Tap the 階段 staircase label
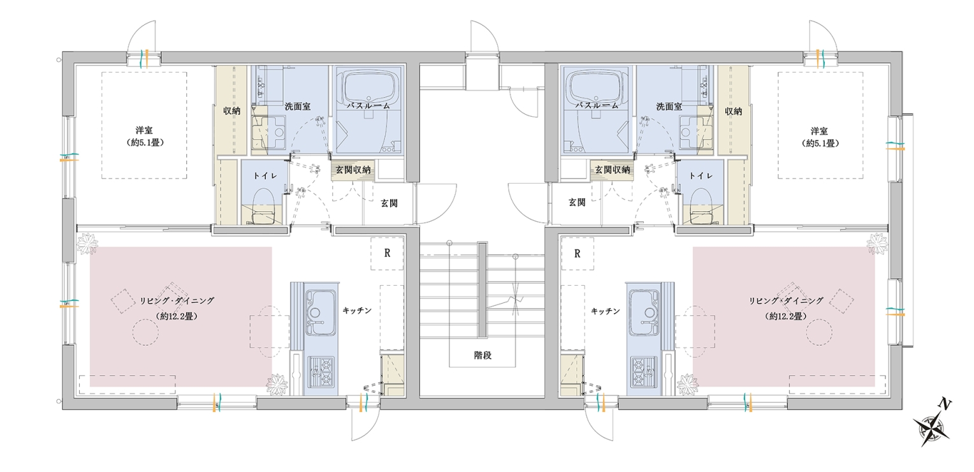point(483,356)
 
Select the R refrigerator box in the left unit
point(386,253)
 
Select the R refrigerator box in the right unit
point(578,253)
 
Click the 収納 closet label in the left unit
point(231,111)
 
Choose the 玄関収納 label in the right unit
point(613,170)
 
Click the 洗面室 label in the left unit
point(297,107)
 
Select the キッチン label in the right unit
point(605,311)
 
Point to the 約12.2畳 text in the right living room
point(788,316)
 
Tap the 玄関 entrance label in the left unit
point(389,203)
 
